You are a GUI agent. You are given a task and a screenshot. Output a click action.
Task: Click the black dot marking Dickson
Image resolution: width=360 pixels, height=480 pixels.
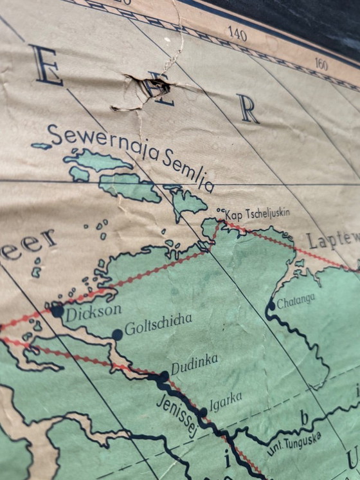pyautogui.click(x=57, y=311)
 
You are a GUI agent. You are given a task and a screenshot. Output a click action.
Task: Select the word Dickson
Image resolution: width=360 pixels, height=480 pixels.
pyautogui.click(x=93, y=311)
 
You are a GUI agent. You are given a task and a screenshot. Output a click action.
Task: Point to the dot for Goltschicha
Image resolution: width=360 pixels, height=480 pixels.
pyautogui.click(x=117, y=335)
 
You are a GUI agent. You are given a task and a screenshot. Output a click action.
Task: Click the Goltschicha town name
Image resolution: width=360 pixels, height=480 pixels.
pyautogui.click(x=158, y=325)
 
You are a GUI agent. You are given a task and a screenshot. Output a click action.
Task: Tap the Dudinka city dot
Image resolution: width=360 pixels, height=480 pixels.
pyautogui.click(x=164, y=376)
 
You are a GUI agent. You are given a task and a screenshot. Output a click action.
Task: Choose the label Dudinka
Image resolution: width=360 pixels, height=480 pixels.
pyautogui.click(x=194, y=364)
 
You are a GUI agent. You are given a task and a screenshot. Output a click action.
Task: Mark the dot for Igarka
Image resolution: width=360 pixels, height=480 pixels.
pyautogui.click(x=203, y=412)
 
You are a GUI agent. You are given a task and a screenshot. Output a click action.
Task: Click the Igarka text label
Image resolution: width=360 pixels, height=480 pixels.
pyautogui.click(x=225, y=402)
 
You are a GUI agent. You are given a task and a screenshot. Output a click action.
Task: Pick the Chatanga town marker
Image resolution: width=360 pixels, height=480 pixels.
pyautogui.click(x=271, y=306)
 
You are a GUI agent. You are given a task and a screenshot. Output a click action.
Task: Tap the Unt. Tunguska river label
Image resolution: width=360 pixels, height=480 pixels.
pyautogui.click(x=293, y=443)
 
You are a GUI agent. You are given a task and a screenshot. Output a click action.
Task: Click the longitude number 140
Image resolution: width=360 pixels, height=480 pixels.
pyautogui.click(x=237, y=33)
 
